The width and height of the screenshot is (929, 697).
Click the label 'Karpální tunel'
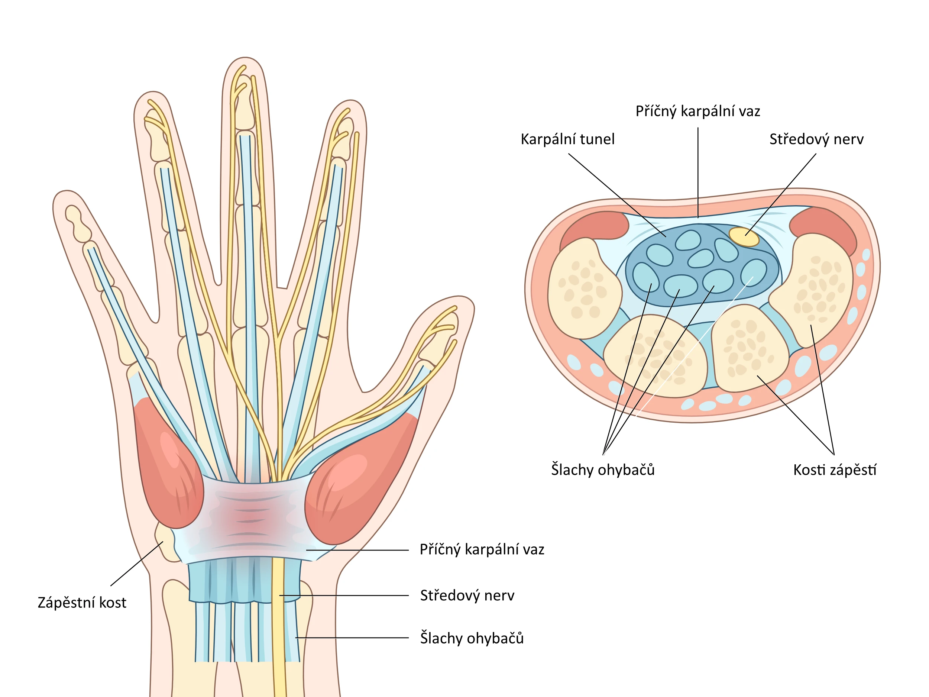pos(567,139)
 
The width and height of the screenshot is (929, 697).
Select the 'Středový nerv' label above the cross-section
pos(816,139)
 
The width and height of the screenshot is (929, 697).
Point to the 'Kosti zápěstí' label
pos(835,470)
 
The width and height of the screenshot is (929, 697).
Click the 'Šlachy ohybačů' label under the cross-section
pos(603,470)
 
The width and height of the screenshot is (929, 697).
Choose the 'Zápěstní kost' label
pos(82,603)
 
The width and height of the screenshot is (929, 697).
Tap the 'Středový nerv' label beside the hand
pos(467,595)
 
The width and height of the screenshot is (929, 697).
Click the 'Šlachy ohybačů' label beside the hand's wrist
pos(472,638)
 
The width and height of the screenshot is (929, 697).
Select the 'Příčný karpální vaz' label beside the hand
pos(482,549)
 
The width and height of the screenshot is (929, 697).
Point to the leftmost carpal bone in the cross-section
pos(584,288)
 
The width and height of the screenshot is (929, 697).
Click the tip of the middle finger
pos(245,63)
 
